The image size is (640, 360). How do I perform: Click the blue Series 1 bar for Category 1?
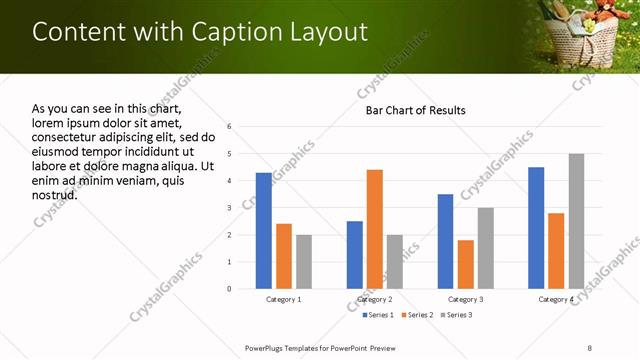tap(263, 230)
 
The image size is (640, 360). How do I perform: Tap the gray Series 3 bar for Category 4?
tap(576, 221)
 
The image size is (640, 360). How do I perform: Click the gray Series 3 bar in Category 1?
tap(303, 261)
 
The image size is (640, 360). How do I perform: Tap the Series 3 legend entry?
tap(456, 315)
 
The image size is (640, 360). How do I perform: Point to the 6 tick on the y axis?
tap(229, 127)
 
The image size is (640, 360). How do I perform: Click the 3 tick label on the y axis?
tap(229, 208)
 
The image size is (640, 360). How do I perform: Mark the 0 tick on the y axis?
tap(229, 289)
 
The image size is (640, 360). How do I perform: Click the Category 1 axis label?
tap(283, 299)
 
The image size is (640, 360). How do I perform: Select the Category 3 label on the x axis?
tap(465, 299)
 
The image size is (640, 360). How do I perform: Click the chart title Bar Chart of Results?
tap(415, 109)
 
